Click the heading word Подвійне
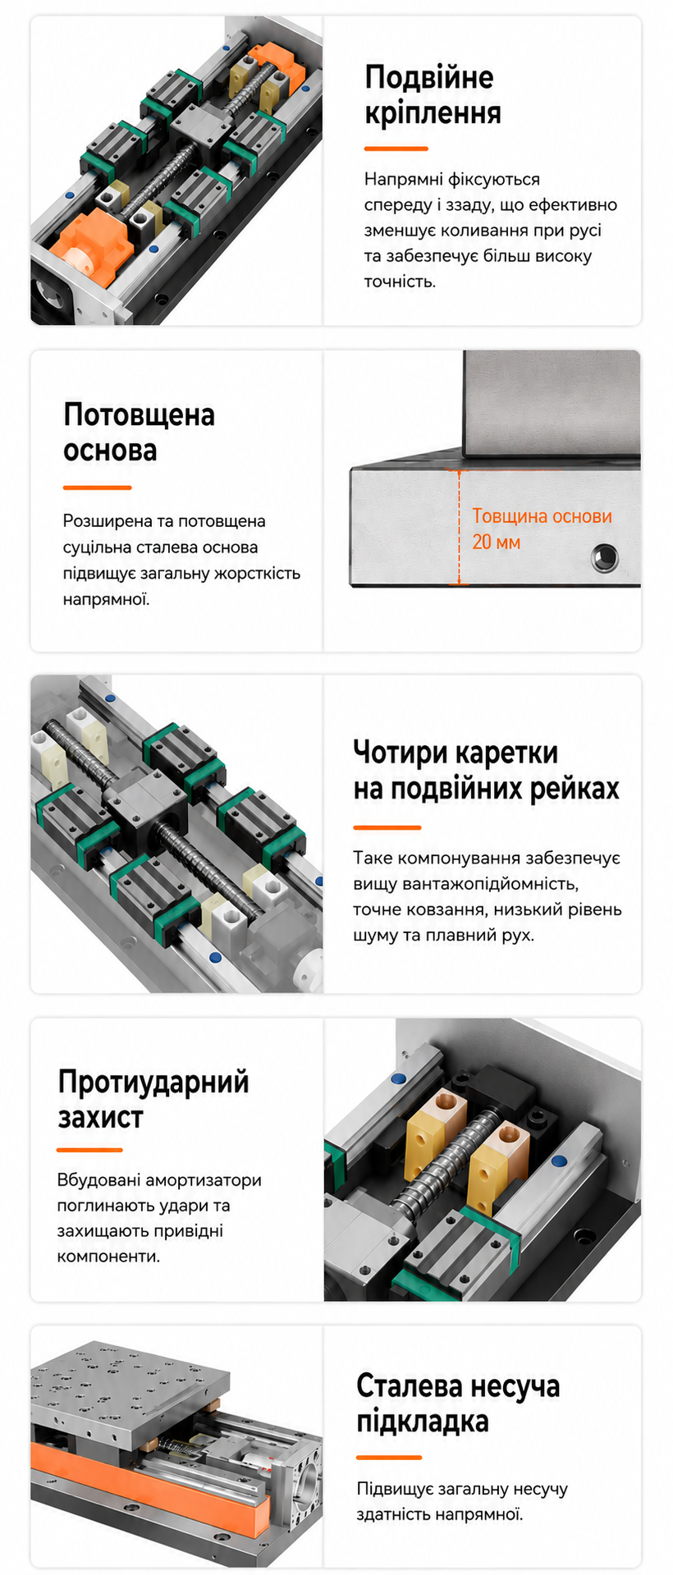coord(429,77)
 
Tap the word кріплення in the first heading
coord(433,113)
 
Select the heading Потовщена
coord(139,414)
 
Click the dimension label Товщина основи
coord(542,516)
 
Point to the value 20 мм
coord(496,543)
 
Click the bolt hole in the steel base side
coord(605,558)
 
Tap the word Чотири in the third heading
coord(400,753)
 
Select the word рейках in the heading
coord(574,789)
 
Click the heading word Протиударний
coord(153,1083)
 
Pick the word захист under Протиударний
coord(100,1118)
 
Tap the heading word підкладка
coord(423,1422)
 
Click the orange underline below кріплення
coord(396,149)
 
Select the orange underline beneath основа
coord(97,488)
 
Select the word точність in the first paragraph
coord(400,282)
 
